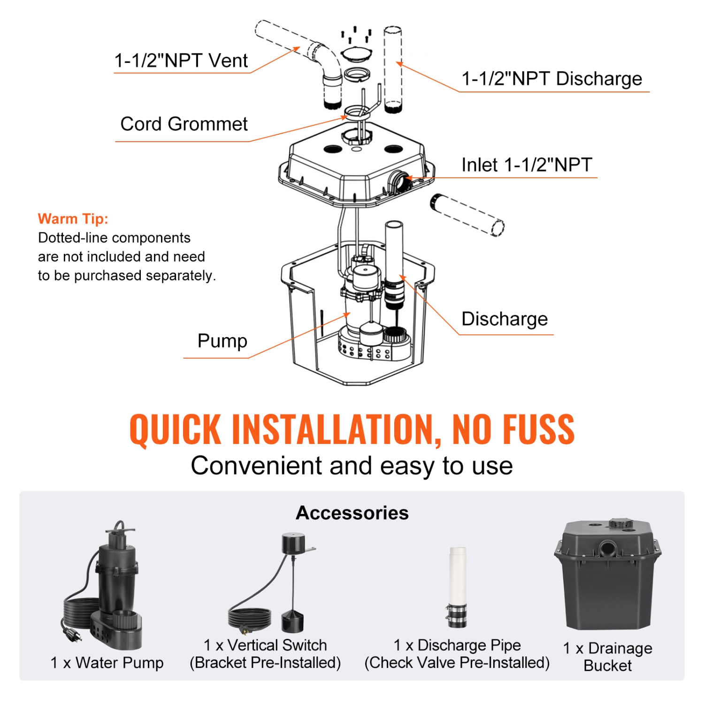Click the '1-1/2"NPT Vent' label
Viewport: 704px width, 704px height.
(x=181, y=61)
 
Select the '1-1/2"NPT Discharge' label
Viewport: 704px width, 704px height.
(x=551, y=79)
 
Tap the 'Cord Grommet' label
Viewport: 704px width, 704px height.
(x=184, y=124)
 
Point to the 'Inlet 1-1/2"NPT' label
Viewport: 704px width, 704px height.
(x=527, y=165)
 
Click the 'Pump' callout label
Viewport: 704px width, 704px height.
(x=222, y=341)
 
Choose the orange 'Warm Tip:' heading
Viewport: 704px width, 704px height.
(x=73, y=219)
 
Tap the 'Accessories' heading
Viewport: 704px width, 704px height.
(x=352, y=513)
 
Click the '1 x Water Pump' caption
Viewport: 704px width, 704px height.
(x=107, y=663)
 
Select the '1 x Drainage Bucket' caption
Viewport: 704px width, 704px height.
(x=608, y=657)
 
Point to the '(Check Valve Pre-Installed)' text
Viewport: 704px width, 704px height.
(x=457, y=663)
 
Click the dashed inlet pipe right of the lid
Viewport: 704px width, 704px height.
(x=467, y=215)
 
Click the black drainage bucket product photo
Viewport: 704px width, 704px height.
(x=608, y=582)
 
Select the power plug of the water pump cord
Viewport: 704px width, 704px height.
(x=74, y=635)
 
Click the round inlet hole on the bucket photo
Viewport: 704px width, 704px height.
(x=609, y=547)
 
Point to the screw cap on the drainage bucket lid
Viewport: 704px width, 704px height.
(x=620, y=524)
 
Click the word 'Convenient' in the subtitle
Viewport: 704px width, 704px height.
(x=257, y=466)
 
